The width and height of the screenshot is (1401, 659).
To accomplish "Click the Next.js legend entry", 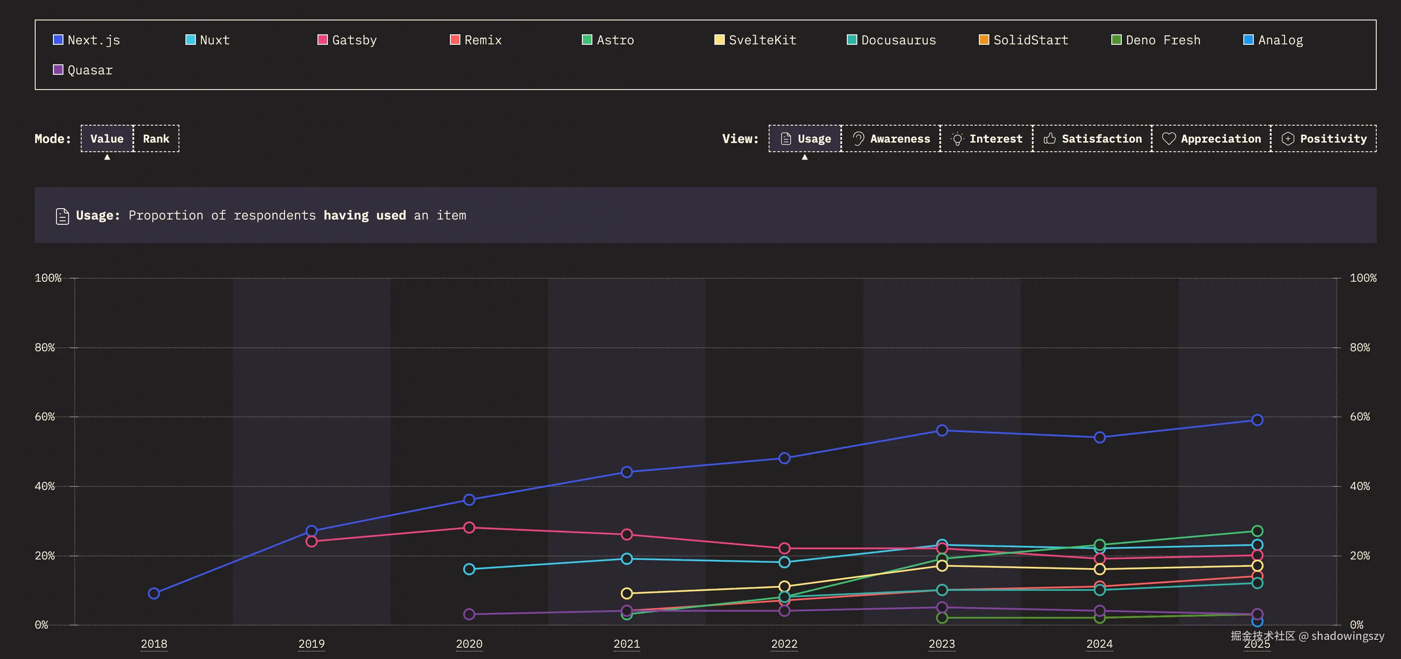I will click(x=87, y=40).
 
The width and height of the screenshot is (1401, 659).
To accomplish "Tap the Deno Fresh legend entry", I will click(x=1156, y=40).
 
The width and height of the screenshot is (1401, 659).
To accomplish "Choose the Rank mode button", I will click(x=156, y=139).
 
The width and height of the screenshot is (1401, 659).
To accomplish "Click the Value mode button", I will click(x=107, y=139).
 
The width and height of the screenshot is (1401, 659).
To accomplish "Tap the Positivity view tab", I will click(x=1324, y=139).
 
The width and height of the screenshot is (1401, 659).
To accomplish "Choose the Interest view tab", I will click(x=987, y=139).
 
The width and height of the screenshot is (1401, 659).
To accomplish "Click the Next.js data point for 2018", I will click(x=154, y=593).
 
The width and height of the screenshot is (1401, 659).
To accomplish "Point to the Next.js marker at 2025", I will click(x=1257, y=419).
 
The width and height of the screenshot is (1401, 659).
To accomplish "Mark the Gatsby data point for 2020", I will click(x=469, y=527).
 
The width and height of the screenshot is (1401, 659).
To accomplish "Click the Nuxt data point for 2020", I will click(x=469, y=569).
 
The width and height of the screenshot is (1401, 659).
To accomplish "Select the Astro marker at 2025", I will click(x=1257, y=531).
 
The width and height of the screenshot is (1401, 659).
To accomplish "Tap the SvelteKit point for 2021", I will click(x=627, y=593).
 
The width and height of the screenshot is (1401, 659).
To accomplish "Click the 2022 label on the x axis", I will click(x=784, y=644).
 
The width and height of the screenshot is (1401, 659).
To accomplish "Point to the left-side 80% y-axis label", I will click(x=45, y=347).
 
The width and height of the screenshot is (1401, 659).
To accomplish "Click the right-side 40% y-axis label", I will click(x=1360, y=486).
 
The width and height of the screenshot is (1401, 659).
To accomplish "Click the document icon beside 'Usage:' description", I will click(x=63, y=216).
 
